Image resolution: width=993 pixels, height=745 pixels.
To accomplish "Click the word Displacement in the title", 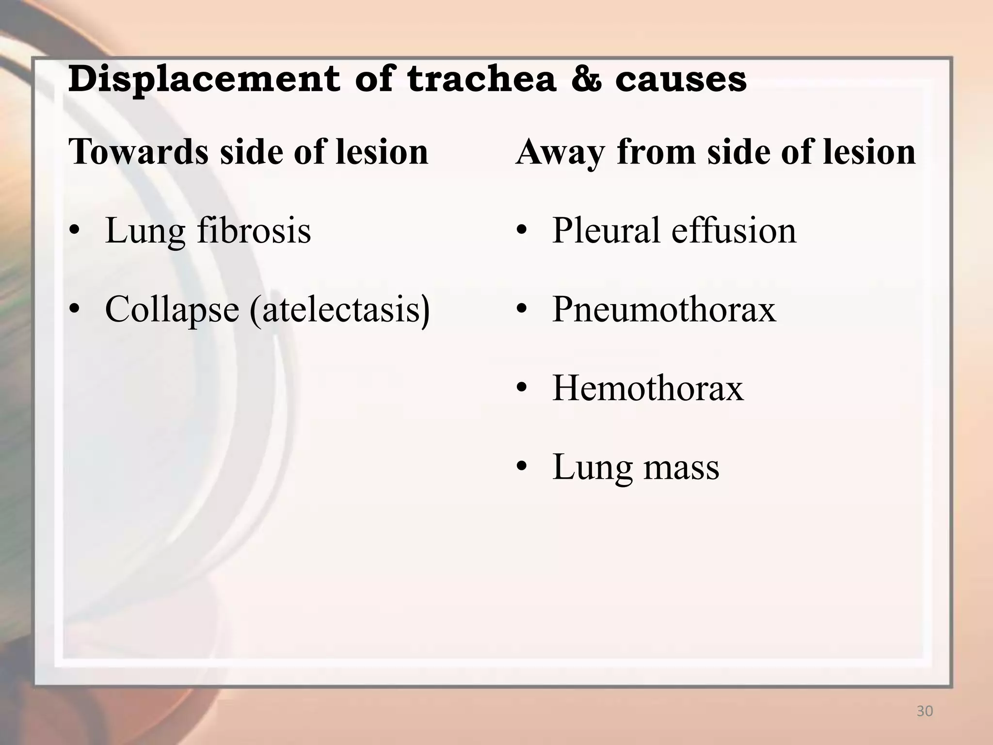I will coord(204,80).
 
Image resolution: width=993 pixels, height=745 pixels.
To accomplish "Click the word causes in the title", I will coord(681,80).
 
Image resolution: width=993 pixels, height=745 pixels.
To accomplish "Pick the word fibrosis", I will coord(254,230).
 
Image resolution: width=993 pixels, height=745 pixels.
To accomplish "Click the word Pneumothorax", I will coord(664,309).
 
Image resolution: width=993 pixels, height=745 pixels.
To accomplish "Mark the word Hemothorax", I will coord(648,388).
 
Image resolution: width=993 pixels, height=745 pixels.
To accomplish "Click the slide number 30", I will coord(925,712).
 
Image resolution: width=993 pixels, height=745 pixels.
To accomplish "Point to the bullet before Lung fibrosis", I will coord(74,231).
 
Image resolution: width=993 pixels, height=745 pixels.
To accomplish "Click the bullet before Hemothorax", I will coord(521,389).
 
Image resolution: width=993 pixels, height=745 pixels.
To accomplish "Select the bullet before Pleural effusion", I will coord(521,231).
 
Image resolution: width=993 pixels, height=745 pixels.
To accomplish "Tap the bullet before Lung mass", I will coord(521,468).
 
